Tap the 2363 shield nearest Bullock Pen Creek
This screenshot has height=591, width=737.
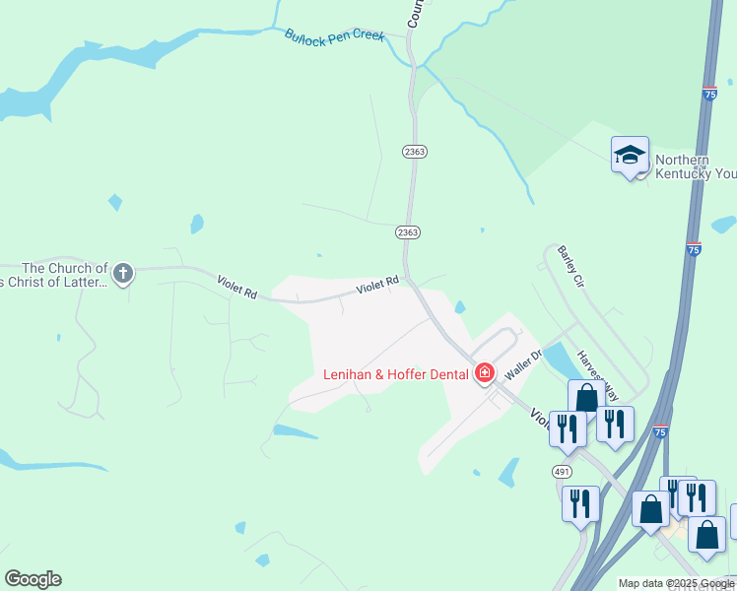413,151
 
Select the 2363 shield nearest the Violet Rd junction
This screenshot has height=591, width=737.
408,231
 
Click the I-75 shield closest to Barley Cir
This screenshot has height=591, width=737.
694,249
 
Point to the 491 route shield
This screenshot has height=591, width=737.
562,472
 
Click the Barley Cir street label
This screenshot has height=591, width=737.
570,266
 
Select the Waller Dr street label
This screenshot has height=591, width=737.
523,364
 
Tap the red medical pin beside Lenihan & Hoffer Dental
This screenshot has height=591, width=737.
484,373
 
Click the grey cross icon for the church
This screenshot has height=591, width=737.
123,273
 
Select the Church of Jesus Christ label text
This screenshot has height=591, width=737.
65,275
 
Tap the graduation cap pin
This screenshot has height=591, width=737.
630,156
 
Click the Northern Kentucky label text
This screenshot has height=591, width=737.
696,166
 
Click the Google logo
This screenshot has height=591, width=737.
33,579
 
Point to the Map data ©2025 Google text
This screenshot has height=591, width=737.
675,583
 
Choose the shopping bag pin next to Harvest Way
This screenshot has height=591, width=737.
586,398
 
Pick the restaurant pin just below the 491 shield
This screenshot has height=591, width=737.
580,502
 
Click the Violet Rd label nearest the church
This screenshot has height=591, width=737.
236,288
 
